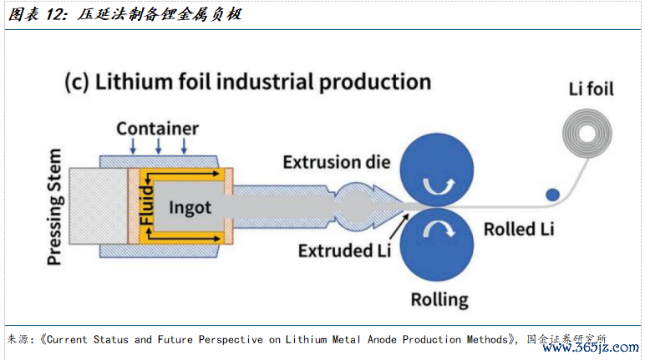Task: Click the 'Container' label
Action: [158, 129]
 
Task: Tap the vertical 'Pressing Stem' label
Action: [54, 206]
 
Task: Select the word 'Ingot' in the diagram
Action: [190, 208]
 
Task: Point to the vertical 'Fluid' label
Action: [146, 205]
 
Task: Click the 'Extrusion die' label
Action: [337, 162]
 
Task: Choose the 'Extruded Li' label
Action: [344, 251]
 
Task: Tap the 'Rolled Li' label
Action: [519, 229]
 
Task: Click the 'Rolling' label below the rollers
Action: [439, 300]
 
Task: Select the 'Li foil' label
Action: [592, 89]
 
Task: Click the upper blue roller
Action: [437, 169]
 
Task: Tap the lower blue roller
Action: [437, 245]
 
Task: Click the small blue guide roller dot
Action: [552, 195]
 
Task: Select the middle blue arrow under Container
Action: [159, 145]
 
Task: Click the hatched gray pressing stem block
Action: [99, 206]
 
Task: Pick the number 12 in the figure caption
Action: [56, 14]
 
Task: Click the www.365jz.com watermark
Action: [591, 347]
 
